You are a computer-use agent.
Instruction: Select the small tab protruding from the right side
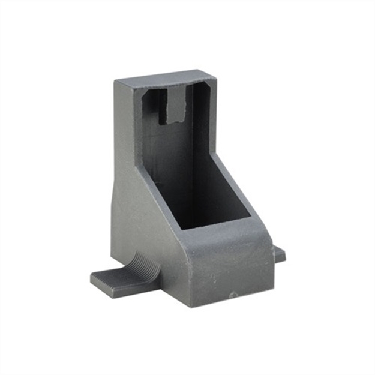pyautogui.click(x=279, y=254)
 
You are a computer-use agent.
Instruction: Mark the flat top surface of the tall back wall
pyautogui.click(x=165, y=76)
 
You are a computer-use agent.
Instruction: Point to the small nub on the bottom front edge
pyautogui.click(x=233, y=295)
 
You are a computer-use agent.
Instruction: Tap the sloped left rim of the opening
pyautogui.click(x=159, y=180)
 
